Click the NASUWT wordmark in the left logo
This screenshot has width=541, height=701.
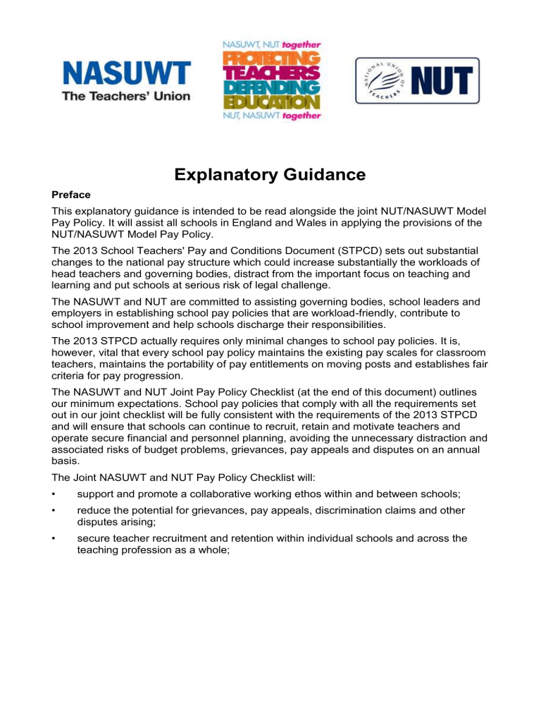click(x=127, y=73)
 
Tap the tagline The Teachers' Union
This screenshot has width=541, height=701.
click(x=127, y=96)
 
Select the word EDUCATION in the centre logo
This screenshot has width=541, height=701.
click(x=271, y=103)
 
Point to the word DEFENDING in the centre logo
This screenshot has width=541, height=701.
click(x=271, y=88)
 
